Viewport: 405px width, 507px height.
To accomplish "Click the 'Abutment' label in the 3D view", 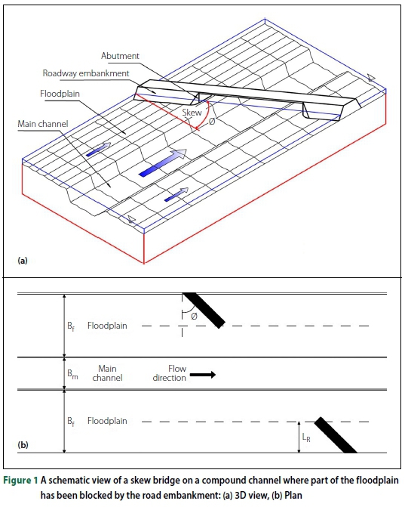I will [119, 57].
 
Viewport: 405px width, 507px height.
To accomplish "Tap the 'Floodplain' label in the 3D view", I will [60, 96].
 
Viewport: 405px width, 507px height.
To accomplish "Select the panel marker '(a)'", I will [23, 260].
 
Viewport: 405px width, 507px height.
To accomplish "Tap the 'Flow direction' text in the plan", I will [169, 373].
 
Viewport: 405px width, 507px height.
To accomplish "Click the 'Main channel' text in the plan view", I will [106, 373].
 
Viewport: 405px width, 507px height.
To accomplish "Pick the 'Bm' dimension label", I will [72, 374].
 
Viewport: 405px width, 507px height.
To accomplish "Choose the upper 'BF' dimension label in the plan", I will [72, 326].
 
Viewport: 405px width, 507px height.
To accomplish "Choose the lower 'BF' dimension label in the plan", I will [72, 421].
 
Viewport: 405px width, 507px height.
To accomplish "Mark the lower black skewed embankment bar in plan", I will [336, 434].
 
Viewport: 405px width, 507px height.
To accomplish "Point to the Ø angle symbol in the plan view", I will [194, 316].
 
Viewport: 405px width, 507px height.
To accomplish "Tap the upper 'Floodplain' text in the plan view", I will [107, 326].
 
